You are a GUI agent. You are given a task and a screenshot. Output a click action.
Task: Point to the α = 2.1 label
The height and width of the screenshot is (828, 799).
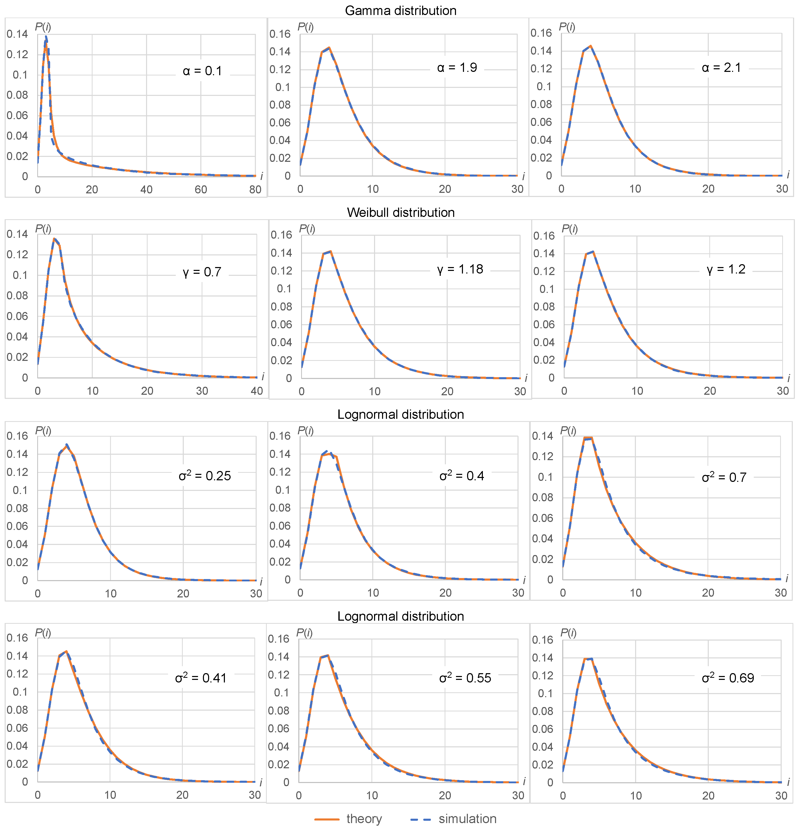pyautogui.click(x=721, y=67)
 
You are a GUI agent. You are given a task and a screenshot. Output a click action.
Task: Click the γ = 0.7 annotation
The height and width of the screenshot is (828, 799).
pyautogui.click(x=202, y=272)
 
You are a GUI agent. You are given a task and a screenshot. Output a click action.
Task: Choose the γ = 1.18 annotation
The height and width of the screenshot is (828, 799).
pyautogui.click(x=460, y=269)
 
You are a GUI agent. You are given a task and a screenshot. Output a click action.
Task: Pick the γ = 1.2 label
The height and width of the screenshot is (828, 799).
pyautogui.click(x=726, y=269)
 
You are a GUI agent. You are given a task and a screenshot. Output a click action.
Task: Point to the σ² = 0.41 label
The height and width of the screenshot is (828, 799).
pyautogui.click(x=201, y=678)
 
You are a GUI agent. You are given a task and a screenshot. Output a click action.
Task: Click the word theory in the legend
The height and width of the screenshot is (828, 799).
pyautogui.click(x=364, y=819)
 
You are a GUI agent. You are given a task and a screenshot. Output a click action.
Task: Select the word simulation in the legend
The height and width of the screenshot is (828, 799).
pyautogui.click(x=467, y=819)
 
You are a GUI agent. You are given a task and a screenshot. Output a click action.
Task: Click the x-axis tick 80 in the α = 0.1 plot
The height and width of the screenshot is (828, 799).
pyautogui.click(x=255, y=190)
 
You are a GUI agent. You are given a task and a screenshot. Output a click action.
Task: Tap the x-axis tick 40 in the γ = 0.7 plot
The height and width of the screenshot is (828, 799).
pyautogui.click(x=256, y=391)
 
